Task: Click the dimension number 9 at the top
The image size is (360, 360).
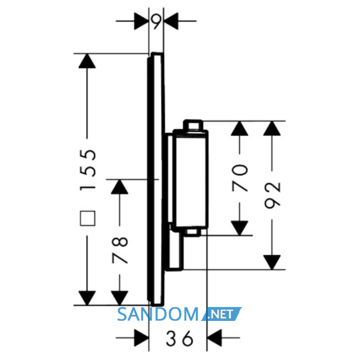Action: click(156, 22)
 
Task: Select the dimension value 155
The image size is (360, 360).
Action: click(87, 170)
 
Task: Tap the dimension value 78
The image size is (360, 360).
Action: click(120, 250)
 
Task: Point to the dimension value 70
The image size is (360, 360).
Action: click(240, 178)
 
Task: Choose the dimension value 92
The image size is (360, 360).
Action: click(272, 195)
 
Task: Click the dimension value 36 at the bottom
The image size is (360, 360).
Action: click(179, 338)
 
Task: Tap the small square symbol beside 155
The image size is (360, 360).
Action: click(87, 218)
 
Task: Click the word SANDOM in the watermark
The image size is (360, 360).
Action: click(158, 314)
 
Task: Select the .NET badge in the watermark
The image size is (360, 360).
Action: click(222, 314)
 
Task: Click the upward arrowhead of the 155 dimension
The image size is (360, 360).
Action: click(87, 61)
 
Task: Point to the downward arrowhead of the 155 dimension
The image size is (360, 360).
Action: click(87, 298)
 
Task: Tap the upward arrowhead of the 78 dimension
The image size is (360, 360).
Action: click(120, 187)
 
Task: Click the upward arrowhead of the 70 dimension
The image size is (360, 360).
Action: click(240, 128)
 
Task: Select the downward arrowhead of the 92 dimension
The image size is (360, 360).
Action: click(272, 262)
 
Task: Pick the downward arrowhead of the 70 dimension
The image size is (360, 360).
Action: click(240, 228)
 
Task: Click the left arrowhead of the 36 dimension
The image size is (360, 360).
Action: click(141, 338)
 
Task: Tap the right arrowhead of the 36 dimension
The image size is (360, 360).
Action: click(214, 338)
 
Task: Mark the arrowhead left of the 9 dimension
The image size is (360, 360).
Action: click(141, 21)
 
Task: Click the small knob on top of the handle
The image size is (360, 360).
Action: click(193, 125)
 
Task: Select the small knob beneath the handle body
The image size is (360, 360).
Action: click(192, 232)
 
